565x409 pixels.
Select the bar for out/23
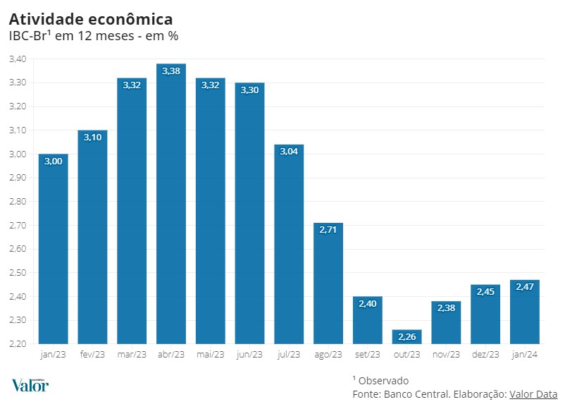tap(407, 337)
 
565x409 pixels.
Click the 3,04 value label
tap(289, 152)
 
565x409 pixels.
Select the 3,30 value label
tap(249, 90)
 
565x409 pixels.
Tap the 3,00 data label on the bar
tap(54, 161)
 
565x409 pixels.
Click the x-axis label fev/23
tap(92, 354)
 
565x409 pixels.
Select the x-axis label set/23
tap(368, 354)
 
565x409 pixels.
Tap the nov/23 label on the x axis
tap(447, 354)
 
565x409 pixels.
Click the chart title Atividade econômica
tap(91, 18)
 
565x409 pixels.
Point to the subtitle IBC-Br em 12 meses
tap(93, 36)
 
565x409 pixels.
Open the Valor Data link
tap(533, 394)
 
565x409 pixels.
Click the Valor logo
tap(30, 385)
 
